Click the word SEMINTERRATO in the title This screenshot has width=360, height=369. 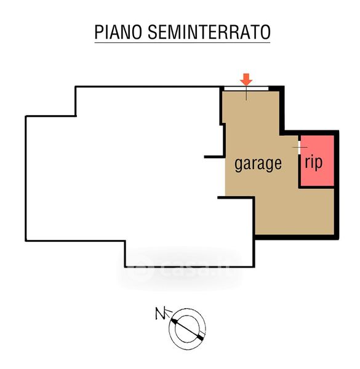point(209,32)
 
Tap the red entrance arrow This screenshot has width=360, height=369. point(246,80)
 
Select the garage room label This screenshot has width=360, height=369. point(258,164)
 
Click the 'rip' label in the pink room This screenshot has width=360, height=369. point(313,162)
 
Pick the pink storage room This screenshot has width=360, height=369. point(318,161)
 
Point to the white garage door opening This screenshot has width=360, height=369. point(246,89)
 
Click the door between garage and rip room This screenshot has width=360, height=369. point(299,148)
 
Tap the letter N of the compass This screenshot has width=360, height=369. point(161,313)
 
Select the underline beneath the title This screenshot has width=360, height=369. point(182,42)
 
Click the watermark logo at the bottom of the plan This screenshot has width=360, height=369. point(181,269)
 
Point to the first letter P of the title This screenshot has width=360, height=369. point(98,32)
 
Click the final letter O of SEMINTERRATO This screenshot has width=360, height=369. point(266,32)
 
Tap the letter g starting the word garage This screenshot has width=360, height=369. point(239,165)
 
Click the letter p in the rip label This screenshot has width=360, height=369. point(319,164)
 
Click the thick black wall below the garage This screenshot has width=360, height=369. point(297,237)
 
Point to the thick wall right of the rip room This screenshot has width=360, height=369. point(337,184)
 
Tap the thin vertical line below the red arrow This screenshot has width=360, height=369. point(246,93)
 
